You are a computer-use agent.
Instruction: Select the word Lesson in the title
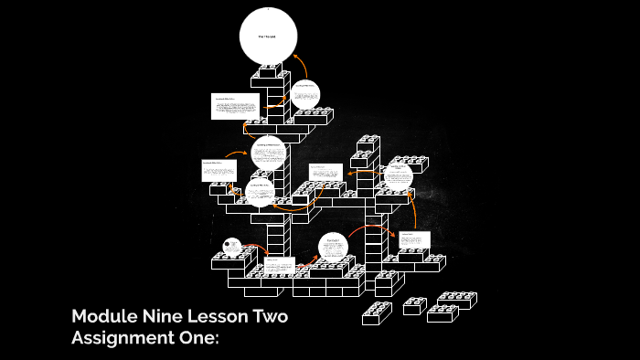pyautogui.click(x=216, y=317)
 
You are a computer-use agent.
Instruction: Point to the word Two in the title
pyautogui.click(x=272, y=317)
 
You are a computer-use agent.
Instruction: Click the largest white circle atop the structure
pyautogui.click(x=268, y=37)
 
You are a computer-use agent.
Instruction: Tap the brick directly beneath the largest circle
pyautogui.click(x=269, y=72)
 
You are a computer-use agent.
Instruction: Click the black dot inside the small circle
pyautogui.click(x=227, y=243)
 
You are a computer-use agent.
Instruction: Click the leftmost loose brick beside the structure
pyautogui.click(x=376, y=313)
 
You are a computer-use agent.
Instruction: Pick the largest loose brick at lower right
pyautogui.click(x=455, y=300)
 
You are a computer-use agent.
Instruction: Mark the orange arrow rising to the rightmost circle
pyautogui.click(x=414, y=210)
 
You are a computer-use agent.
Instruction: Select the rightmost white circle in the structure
pyautogui.click(x=397, y=175)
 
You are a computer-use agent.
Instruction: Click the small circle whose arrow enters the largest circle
pyautogui.click(x=304, y=93)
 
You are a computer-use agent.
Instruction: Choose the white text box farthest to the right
pyautogui.click(x=415, y=240)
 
